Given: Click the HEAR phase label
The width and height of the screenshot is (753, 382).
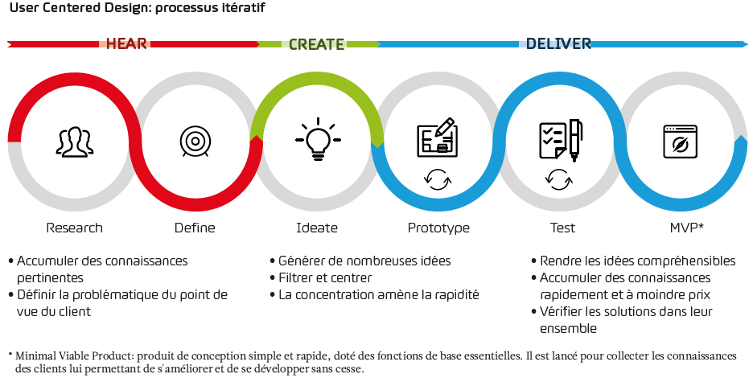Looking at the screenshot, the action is click(x=126, y=43).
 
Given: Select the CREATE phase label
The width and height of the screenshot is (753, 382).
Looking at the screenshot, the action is click(x=316, y=44).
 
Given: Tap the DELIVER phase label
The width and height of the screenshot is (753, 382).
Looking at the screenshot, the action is click(x=558, y=43).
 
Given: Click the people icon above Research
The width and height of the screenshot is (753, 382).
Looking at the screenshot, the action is click(x=75, y=142).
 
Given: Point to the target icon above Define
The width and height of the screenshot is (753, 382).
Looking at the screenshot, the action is click(x=195, y=141).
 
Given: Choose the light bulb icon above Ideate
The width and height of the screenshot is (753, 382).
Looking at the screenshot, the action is click(x=318, y=138).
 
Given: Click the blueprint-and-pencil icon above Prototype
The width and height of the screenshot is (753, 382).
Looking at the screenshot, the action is click(x=438, y=138).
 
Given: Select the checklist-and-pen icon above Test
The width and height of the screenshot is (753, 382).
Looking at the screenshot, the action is click(x=561, y=140).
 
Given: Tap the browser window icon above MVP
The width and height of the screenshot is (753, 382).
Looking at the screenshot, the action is click(x=680, y=142).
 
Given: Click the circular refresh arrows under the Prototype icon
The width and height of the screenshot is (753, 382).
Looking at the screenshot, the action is click(x=438, y=180).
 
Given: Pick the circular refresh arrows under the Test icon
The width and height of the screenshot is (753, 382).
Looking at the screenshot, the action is click(x=559, y=179).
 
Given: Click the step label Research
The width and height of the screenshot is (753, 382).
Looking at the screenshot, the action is click(x=75, y=228).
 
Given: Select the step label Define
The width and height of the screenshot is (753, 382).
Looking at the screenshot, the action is click(x=195, y=228).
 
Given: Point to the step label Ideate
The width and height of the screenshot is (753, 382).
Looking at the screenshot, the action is click(x=317, y=228).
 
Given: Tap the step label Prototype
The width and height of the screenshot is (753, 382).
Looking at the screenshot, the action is click(x=438, y=228).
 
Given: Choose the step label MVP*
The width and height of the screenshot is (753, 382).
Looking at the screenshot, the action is click(x=687, y=228).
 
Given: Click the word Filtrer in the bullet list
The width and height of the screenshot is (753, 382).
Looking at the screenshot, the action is click(x=295, y=278).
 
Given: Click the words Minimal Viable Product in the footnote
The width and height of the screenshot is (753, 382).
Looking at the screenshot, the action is click(x=75, y=356).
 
